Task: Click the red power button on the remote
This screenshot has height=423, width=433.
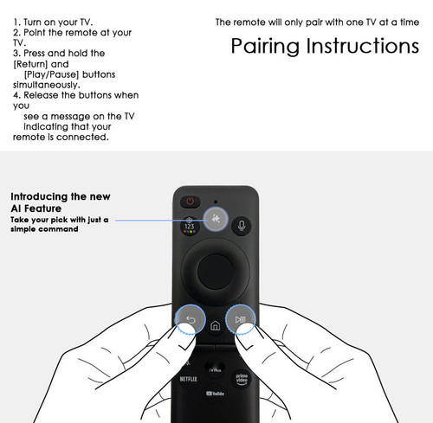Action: click(x=190, y=201)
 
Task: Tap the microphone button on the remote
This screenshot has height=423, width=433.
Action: click(x=242, y=226)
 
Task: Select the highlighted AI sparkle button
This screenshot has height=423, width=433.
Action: click(x=216, y=219)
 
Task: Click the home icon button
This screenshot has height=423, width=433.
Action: click(x=215, y=325)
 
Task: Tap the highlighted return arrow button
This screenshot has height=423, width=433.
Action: click(x=191, y=319)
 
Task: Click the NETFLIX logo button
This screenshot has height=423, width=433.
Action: click(x=188, y=379)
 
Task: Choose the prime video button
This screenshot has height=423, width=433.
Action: click(x=242, y=379)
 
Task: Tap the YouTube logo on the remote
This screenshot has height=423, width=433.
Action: click(x=215, y=394)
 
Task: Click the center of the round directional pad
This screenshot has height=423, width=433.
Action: click(x=216, y=272)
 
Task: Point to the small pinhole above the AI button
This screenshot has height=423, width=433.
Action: click(x=216, y=202)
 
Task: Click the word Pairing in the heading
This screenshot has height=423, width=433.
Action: click(x=265, y=46)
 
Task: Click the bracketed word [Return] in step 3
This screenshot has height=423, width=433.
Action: click(x=30, y=64)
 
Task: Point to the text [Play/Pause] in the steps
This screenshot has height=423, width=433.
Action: click(x=51, y=74)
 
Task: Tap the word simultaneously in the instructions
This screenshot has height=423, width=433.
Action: click(x=47, y=85)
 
